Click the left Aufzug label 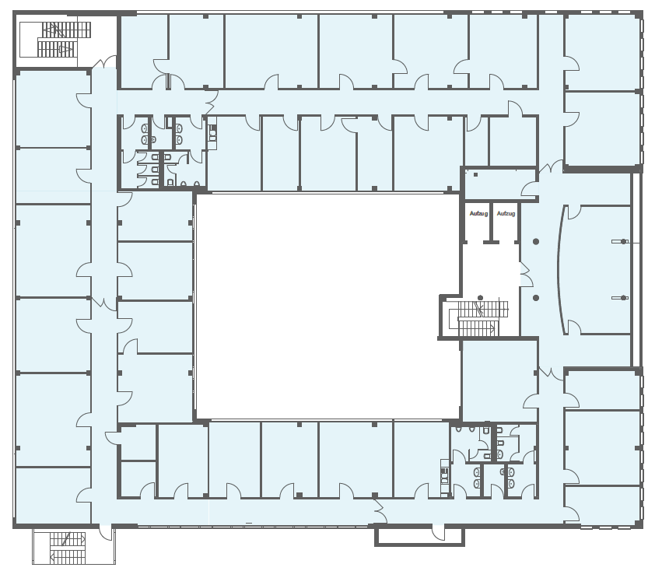coord(478,214)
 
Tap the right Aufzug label coord(506,214)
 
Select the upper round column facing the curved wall coord(536,242)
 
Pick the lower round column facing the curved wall coord(536,298)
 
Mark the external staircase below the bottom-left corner coord(68,548)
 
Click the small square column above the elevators coord(475,174)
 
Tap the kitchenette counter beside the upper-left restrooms coord(212,132)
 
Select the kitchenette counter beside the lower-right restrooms coord(444,477)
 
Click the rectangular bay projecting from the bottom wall coord(419,534)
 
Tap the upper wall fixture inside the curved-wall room coord(620,242)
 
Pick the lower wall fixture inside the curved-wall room coord(620,298)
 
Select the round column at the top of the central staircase coord(480,298)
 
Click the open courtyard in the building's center coord(328,307)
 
